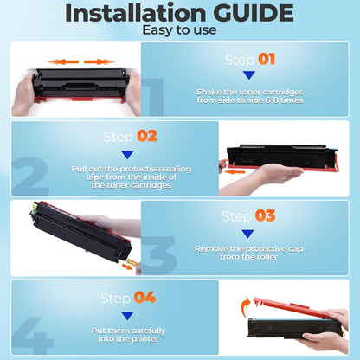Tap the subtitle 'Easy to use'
click(179, 30)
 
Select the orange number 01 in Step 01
click(266, 60)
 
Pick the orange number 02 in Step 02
click(147, 136)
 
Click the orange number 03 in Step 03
click(265, 215)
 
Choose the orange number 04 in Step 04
click(145, 298)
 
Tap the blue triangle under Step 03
click(247, 233)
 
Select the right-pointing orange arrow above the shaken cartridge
click(100, 62)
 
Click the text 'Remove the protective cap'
click(247, 248)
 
